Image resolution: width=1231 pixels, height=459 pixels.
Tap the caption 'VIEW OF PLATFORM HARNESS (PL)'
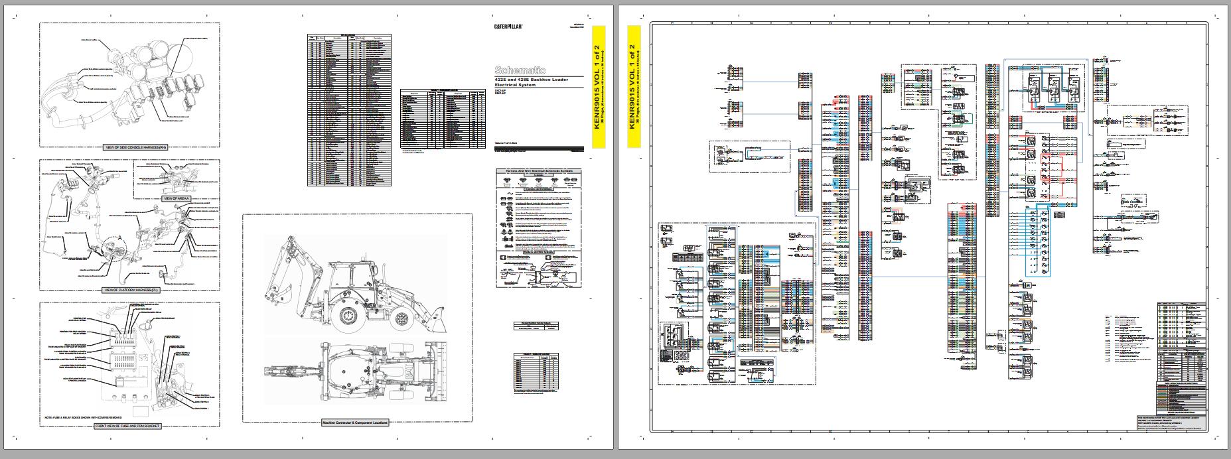pyautogui.click(x=131, y=290)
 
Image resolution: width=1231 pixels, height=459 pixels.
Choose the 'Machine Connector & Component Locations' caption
pyautogui.click(x=354, y=423)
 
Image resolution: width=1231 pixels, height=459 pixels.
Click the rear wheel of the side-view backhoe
pyautogui.click(x=348, y=318)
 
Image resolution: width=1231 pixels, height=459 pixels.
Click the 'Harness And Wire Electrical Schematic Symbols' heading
pyautogui.click(x=539, y=170)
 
